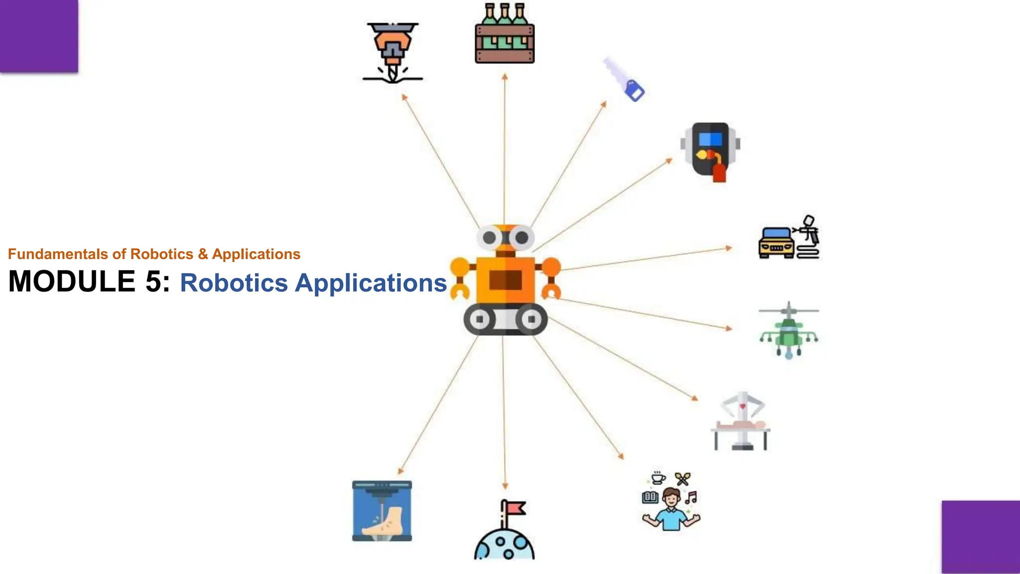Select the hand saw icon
[623, 80]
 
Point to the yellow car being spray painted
[776, 243]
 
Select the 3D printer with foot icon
[382, 511]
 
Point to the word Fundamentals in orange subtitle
[58, 254]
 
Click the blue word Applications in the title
[371, 283]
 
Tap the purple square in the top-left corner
[39, 36]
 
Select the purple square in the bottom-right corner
[980, 537]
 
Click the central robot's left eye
[490, 238]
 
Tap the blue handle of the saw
[635, 92]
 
